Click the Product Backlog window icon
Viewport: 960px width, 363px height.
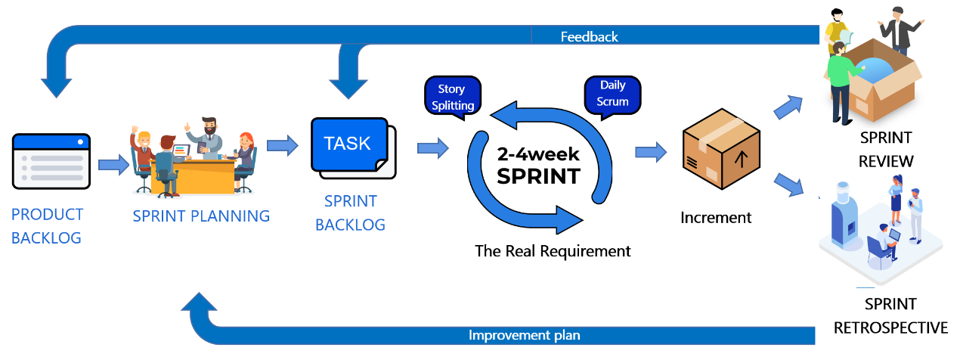pos(51,161)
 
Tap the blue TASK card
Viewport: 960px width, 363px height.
pos(350,144)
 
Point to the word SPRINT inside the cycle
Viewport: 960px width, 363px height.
pos(539,176)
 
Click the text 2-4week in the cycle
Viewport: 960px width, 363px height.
pos(538,154)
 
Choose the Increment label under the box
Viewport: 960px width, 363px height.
pos(716,218)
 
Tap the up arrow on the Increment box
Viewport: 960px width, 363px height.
pos(741,160)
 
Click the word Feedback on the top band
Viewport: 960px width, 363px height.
pos(590,37)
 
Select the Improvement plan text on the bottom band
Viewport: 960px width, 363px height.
pos(524,335)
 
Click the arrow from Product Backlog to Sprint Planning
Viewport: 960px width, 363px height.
pos(113,164)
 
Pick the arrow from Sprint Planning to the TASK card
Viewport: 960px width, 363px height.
pos(283,146)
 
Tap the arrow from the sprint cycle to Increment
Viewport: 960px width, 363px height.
pos(651,152)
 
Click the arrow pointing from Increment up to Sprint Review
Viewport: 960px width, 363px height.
pos(788,107)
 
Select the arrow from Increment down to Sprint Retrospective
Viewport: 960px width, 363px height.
pos(788,185)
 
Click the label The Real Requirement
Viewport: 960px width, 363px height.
pos(553,251)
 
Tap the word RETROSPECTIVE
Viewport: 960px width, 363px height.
pos(890,328)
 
